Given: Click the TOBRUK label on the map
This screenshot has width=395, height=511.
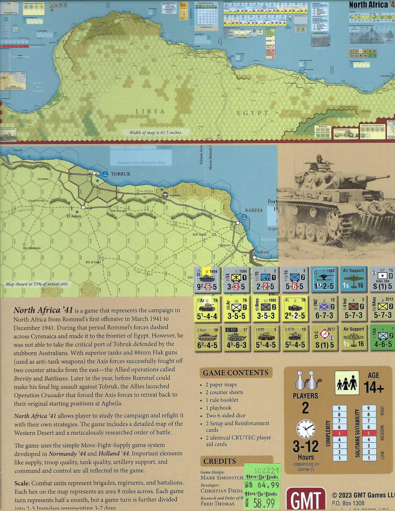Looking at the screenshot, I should point(121,174).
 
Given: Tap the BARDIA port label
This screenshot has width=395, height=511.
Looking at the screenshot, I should point(254,210).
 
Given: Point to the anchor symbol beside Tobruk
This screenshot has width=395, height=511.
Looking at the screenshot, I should point(105,174).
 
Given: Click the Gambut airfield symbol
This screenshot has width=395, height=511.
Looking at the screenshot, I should point(165,195).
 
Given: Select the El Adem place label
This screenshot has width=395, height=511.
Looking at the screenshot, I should point(74,216).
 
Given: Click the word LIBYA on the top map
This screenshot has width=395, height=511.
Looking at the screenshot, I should point(150,111).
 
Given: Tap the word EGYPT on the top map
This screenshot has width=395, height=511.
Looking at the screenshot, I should point(252,113).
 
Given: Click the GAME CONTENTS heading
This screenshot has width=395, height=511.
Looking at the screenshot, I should point(235,373).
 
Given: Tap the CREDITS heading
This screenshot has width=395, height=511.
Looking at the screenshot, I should point(219,461).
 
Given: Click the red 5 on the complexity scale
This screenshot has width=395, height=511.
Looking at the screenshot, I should point(339,433).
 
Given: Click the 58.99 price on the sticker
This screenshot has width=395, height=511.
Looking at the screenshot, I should point(264,502).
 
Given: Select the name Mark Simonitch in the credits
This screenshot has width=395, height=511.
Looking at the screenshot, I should point(222,478).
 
